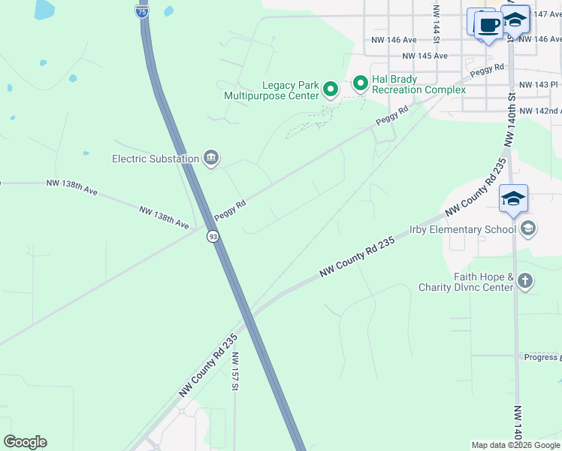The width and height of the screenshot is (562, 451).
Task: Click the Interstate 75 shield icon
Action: [x=143, y=11]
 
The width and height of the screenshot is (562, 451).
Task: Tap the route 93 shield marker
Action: [x=214, y=237]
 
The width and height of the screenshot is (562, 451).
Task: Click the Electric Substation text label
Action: [x=156, y=159]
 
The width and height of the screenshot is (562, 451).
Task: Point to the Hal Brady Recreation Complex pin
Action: [x=361, y=83]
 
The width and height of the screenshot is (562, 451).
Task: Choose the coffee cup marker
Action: [x=488, y=25]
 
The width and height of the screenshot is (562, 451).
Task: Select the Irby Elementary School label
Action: [x=462, y=229]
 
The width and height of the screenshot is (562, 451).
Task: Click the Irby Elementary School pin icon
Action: [x=528, y=228]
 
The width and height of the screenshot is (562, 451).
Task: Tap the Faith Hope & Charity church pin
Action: [x=524, y=282]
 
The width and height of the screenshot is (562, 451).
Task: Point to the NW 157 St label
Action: [x=234, y=372]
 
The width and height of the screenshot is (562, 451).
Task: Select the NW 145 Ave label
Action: [x=425, y=56]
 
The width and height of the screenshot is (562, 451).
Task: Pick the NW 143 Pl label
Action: [x=538, y=86]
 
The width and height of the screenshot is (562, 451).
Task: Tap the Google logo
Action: [x=25, y=442]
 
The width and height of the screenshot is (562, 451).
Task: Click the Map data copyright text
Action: [x=515, y=445]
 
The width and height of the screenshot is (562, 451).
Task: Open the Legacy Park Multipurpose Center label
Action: [x=271, y=90]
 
